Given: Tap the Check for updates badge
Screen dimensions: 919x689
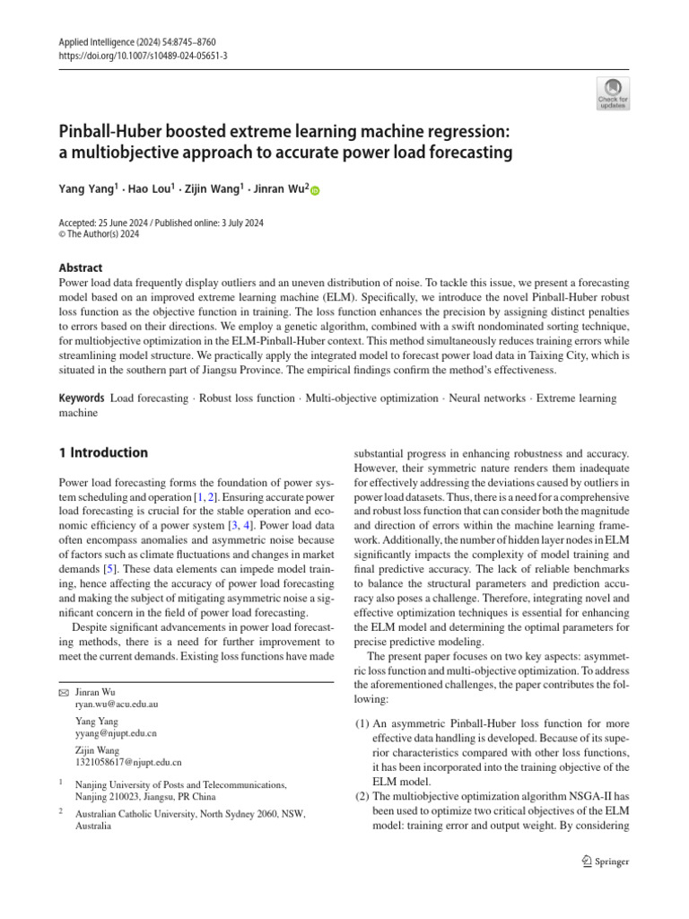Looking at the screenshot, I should tap(614, 93).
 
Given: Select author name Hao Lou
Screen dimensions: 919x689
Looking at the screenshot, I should tap(149, 190).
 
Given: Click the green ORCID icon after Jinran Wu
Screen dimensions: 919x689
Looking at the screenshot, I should tap(315, 191).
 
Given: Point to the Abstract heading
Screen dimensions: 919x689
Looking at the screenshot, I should tap(80, 267).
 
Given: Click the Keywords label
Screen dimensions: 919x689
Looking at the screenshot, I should tap(81, 398).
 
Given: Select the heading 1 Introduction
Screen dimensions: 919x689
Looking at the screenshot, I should tap(103, 452).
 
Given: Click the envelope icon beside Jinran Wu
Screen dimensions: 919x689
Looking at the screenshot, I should tap(63, 694).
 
